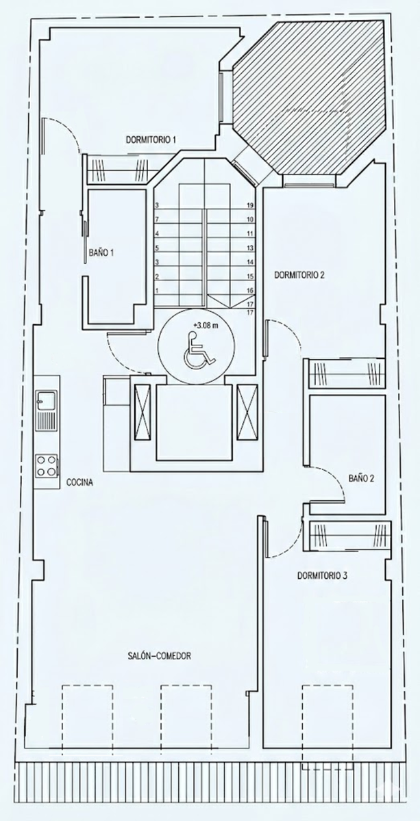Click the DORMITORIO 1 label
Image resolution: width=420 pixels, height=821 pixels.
point(151,140)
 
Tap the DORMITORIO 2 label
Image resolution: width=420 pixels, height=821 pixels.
point(299,275)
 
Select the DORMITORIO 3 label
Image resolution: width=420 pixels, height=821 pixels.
point(322,575)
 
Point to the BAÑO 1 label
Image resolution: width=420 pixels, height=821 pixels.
point(101,252)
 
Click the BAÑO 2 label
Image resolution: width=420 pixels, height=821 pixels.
point(361,478)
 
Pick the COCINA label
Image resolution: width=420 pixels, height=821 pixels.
point(79,482)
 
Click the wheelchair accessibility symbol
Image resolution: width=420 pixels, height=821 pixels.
point(199,350)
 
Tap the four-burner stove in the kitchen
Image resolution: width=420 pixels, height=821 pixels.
point(47,465)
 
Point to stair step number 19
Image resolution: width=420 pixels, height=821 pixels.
point(250,206)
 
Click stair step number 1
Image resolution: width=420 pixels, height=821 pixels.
point(157,290)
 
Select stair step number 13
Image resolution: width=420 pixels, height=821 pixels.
point(250,248)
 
